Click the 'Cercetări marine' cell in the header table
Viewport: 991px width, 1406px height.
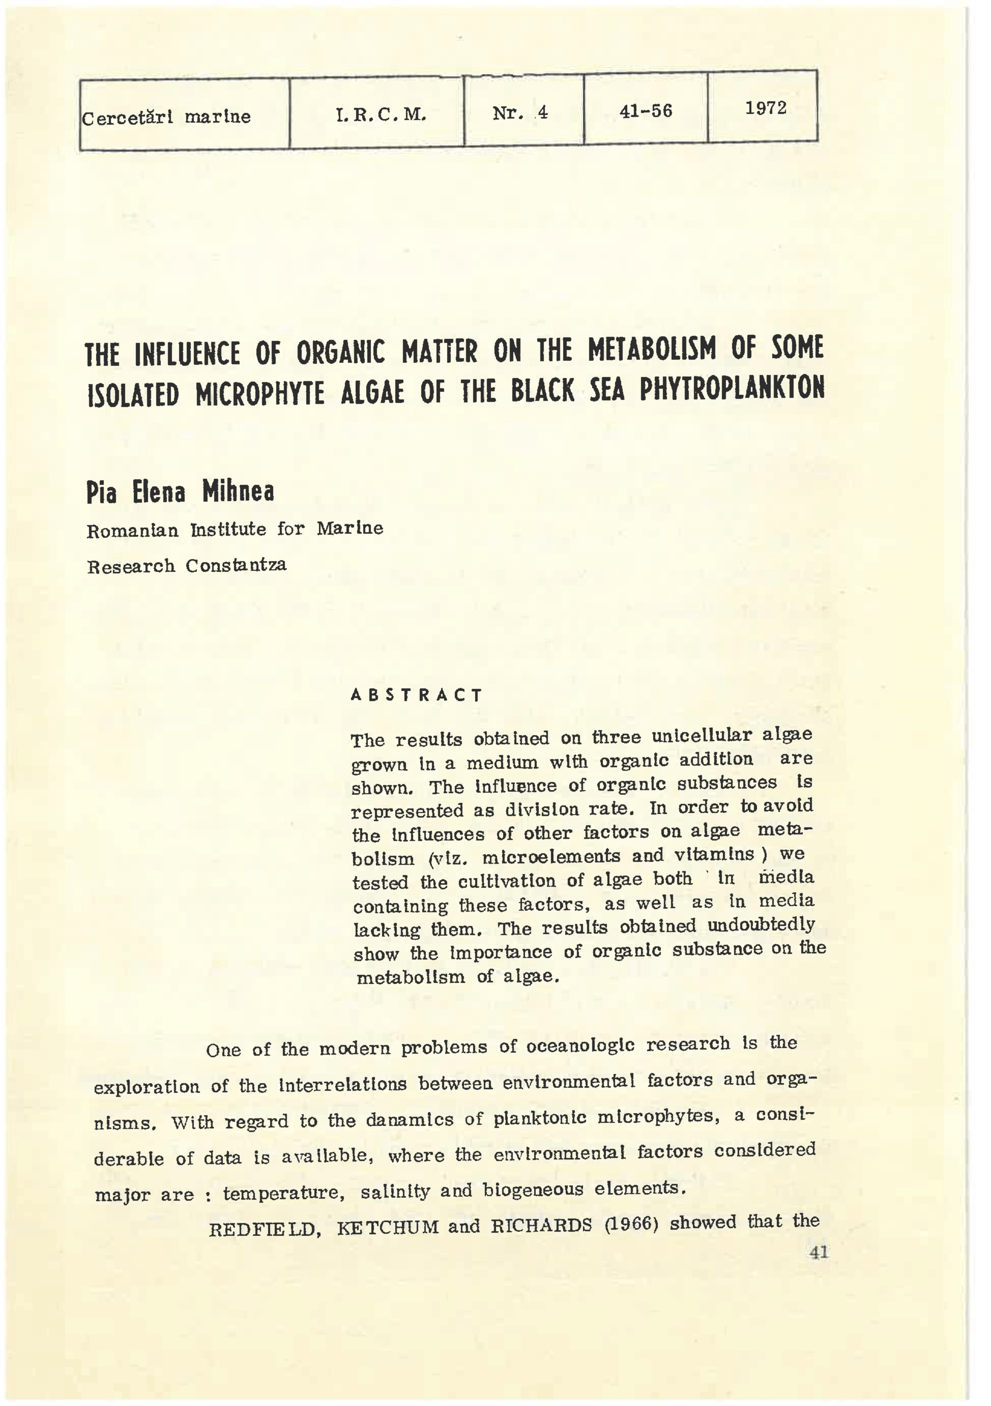pos(167,116)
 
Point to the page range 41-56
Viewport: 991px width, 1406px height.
pos(646,111)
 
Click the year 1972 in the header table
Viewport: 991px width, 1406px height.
pos(766,108)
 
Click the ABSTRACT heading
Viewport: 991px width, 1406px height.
pos(416,695)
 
